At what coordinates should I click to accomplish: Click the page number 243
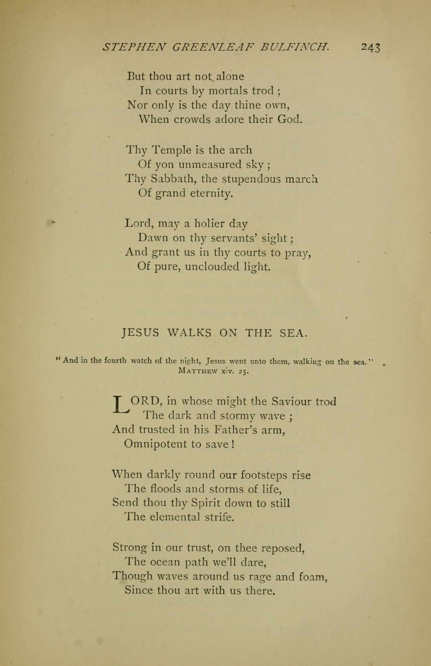[x=371, y=48]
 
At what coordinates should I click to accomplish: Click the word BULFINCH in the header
[x=295, y=47]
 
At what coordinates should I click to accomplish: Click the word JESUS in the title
[x=141, y=333]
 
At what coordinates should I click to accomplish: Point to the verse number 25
[x=243, y=371]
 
